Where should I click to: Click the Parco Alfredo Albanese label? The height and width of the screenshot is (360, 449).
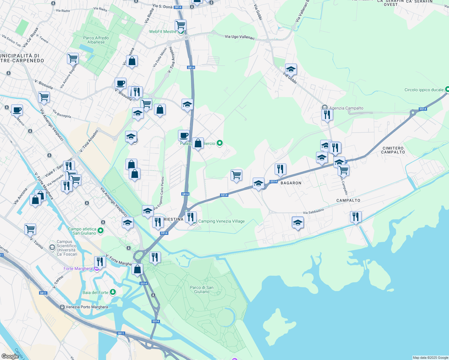[x=96, y=40]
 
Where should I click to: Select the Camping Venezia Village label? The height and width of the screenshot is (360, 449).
[x=221, y=221]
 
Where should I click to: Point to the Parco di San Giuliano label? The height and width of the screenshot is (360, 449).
[x=202, y=289]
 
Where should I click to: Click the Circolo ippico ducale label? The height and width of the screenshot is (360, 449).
[x=424, y=90]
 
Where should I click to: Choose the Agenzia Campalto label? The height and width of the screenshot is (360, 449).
[x=346, y=108]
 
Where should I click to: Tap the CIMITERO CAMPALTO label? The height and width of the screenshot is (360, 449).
[x=393, y=150]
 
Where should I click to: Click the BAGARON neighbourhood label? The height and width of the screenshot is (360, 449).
[x=291, y=183]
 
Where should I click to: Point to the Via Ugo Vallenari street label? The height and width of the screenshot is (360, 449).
[x=240, y=37]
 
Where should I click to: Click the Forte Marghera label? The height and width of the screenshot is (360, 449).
[x=78, y=268]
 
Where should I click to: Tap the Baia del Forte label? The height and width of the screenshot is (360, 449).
[x=95, y=292]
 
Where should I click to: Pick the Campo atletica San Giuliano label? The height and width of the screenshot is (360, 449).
[x=82, y=231]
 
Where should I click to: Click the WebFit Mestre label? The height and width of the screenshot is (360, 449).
[x=163, y=31]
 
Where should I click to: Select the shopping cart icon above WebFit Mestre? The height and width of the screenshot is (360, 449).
[x=180, y=25]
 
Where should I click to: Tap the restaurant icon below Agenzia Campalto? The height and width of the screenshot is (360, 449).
[x=327, y=115]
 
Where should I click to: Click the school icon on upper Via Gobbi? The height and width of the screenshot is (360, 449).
[x=291, y=69]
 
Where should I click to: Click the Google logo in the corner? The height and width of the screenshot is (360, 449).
[x=10, y=356]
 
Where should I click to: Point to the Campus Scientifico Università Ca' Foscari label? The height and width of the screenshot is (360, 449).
[x=67, y=248]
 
